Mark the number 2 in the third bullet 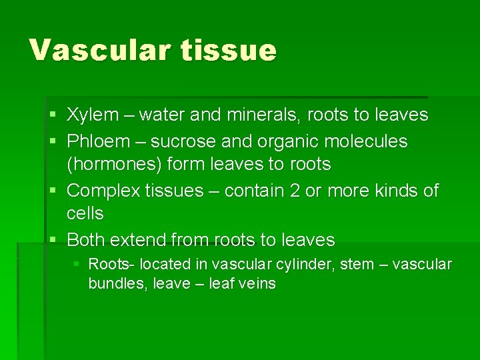tap(295, 191)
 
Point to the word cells tap(85, 213)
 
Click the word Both tap(86, 239)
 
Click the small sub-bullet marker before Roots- tap(77, 265)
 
